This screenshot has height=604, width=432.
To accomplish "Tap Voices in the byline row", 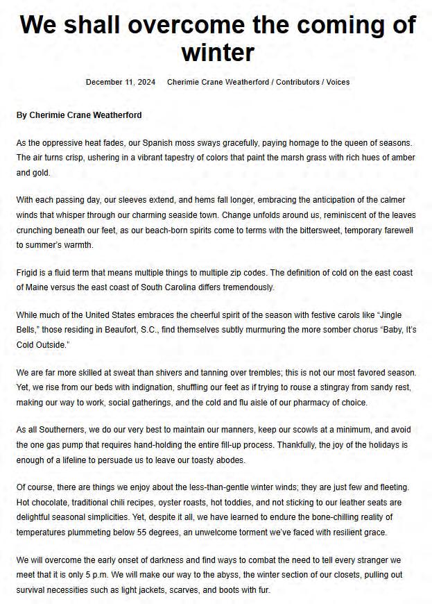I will [337, 82].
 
